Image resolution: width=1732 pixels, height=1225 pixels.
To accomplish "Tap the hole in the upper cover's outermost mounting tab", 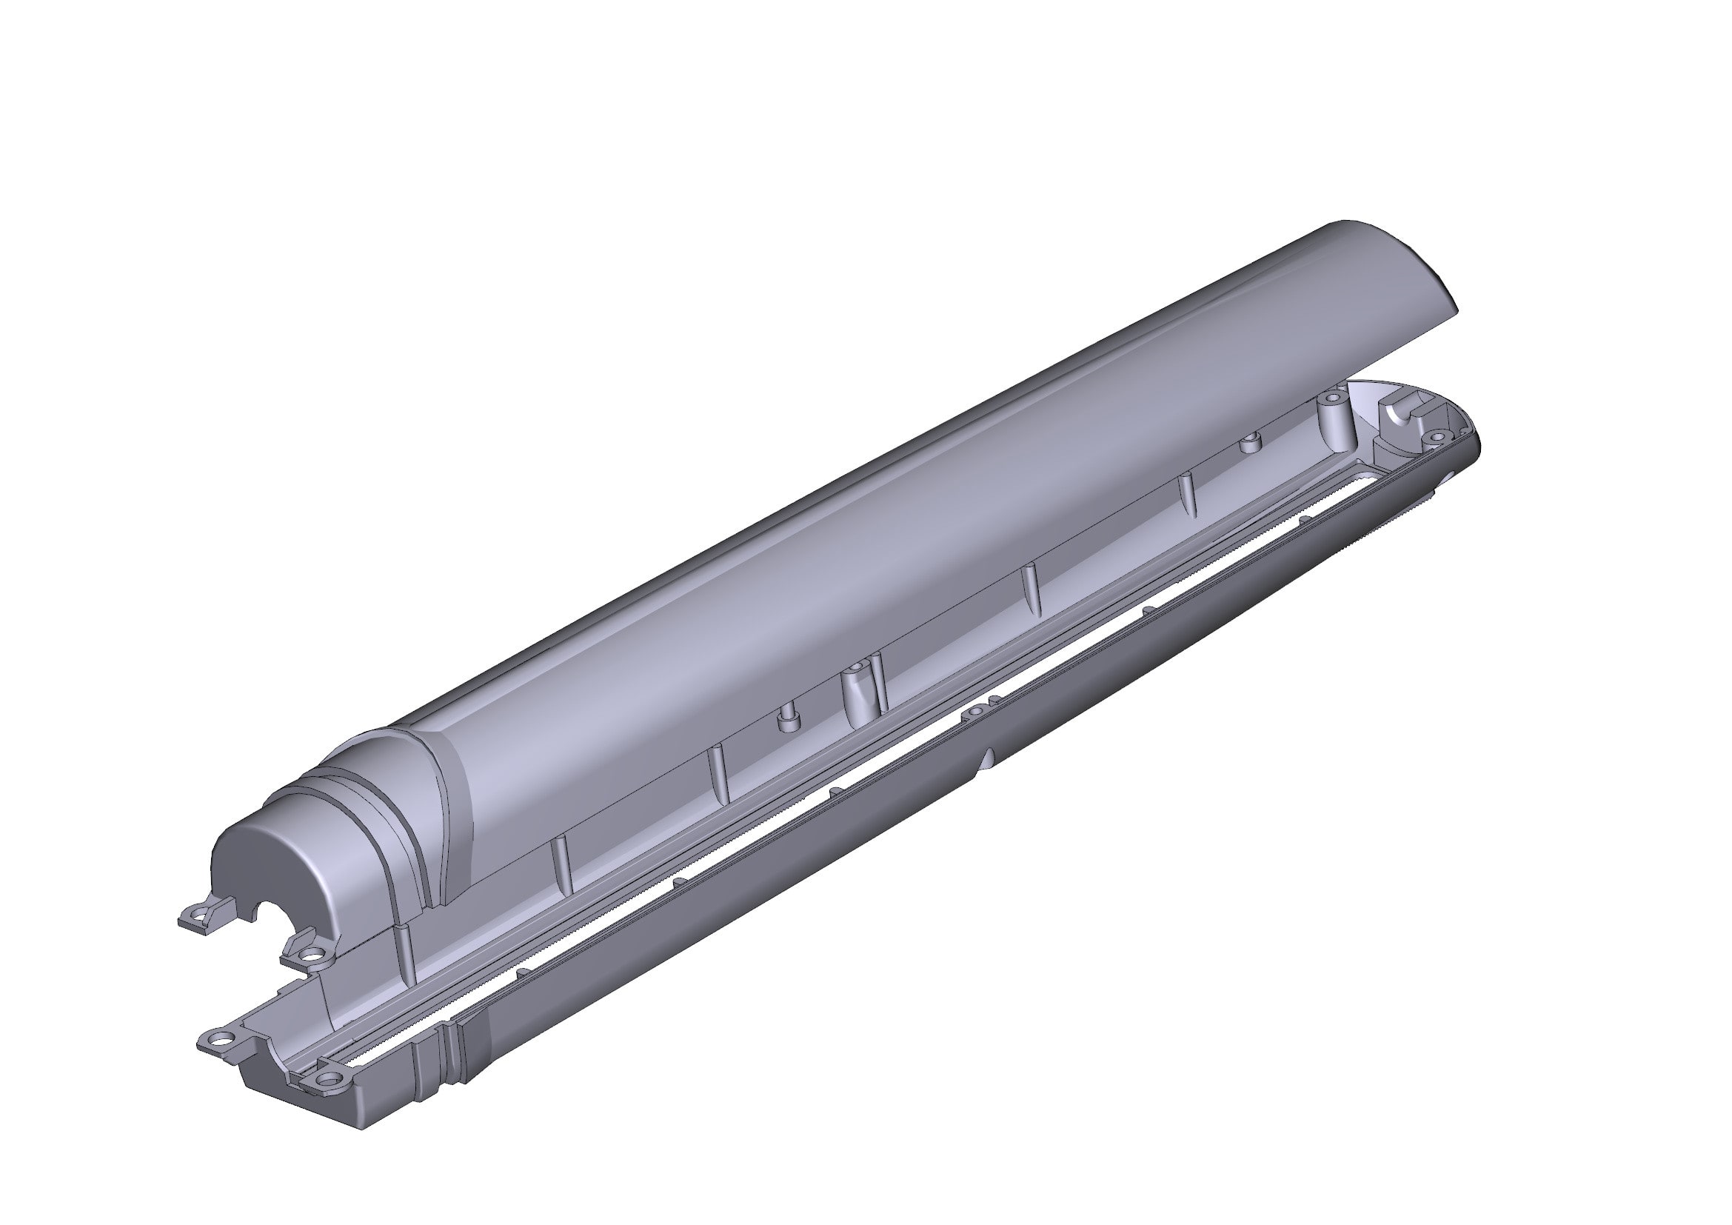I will pyautogui.click(x=198, y=916).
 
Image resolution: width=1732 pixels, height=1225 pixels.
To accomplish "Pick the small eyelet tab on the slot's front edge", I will pyautogui.click(x=977, y=710).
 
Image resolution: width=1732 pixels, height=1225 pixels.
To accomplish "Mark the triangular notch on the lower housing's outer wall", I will pyautogui.click(x=989, y=759).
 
